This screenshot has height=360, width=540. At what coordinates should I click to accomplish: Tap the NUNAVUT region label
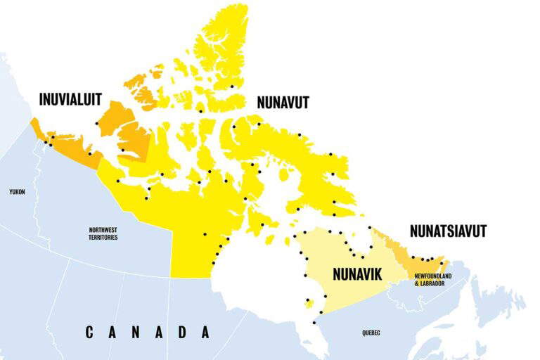pyautogui.click(x=283, y=103)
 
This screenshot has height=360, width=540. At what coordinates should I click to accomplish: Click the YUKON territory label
pyautogui.click(x=17, y=191)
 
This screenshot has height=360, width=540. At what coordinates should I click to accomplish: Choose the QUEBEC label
pyautogui.click(x=370, y=333)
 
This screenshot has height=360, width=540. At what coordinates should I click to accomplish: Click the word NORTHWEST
pyautogui.click(x=103, y=230)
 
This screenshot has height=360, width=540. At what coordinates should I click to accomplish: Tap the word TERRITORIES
pyautogui.click(x=103, y=238)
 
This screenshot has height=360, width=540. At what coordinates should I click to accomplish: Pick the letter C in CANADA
pyautogui.click(x=90, y=332)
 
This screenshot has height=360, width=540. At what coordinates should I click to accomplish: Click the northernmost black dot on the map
pyautogui.click(x=231, y=86)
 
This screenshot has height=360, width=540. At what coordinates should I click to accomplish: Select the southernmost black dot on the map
pyautogui.click(x=314, y=323)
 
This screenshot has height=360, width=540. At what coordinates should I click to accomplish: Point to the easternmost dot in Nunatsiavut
pyautogui.click(x=442, y=264)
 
